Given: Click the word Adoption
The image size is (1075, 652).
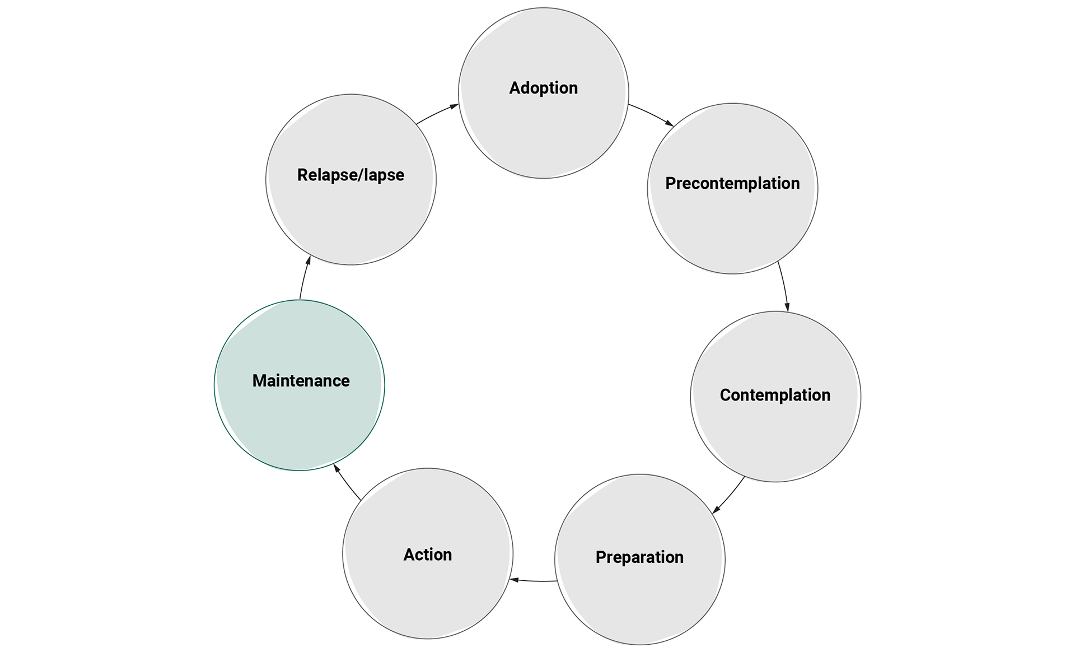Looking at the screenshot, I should pos(543,88).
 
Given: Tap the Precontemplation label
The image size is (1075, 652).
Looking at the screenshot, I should pos(732,183).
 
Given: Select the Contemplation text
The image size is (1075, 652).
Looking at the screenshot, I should pos(775,395).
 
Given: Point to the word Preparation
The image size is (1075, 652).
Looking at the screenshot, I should pos(639,557).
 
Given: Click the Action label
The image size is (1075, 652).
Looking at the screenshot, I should pos(428,555).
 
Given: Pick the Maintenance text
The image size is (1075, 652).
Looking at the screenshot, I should pos(301,381).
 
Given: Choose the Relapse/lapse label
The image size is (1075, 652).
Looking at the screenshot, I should pos(350,175).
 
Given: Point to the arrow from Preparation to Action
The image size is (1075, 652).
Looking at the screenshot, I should pos(534,581).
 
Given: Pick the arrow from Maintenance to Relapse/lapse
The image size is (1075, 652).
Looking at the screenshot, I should pos(304,278).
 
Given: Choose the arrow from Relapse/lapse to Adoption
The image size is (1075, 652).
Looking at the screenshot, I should pos(437,113).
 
